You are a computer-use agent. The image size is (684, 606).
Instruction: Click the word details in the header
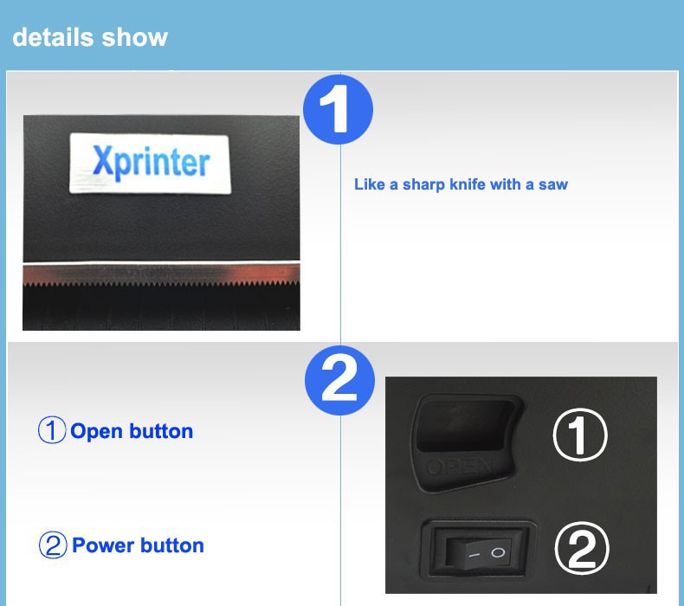53,36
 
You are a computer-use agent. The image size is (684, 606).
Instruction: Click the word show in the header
135,37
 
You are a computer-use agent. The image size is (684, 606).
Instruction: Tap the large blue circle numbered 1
338,109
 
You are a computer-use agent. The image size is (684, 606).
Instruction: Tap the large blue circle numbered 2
339,380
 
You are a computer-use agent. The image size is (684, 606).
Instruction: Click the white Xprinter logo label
150,163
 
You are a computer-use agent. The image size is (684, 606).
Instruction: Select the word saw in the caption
553,185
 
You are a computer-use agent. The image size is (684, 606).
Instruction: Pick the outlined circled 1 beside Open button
52,429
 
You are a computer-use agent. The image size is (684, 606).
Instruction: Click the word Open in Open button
97,431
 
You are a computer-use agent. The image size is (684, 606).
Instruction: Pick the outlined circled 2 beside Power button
53,545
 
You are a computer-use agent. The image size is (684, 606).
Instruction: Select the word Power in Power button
103,545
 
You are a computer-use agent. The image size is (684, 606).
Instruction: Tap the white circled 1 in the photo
580,435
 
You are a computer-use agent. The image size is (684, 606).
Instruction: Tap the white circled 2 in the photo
582,548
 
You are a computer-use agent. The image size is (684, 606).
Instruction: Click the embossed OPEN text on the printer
458,467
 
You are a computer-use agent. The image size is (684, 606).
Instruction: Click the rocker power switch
478,549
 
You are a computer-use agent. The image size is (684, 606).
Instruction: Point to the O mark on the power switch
498,553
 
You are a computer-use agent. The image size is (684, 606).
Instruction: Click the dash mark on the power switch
474,556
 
